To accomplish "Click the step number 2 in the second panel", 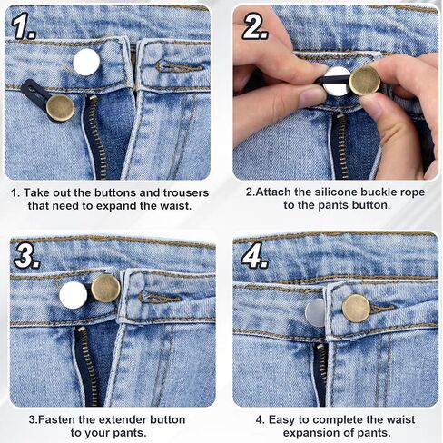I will pos(256,28).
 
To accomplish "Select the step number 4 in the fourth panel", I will pos(256,257).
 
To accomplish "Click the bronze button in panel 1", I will pos(61,108).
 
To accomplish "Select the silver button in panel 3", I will pos(74,291).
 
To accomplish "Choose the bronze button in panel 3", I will pos(105,289).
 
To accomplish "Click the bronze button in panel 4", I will pos(356,308).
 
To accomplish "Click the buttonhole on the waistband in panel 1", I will pos(172,65).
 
